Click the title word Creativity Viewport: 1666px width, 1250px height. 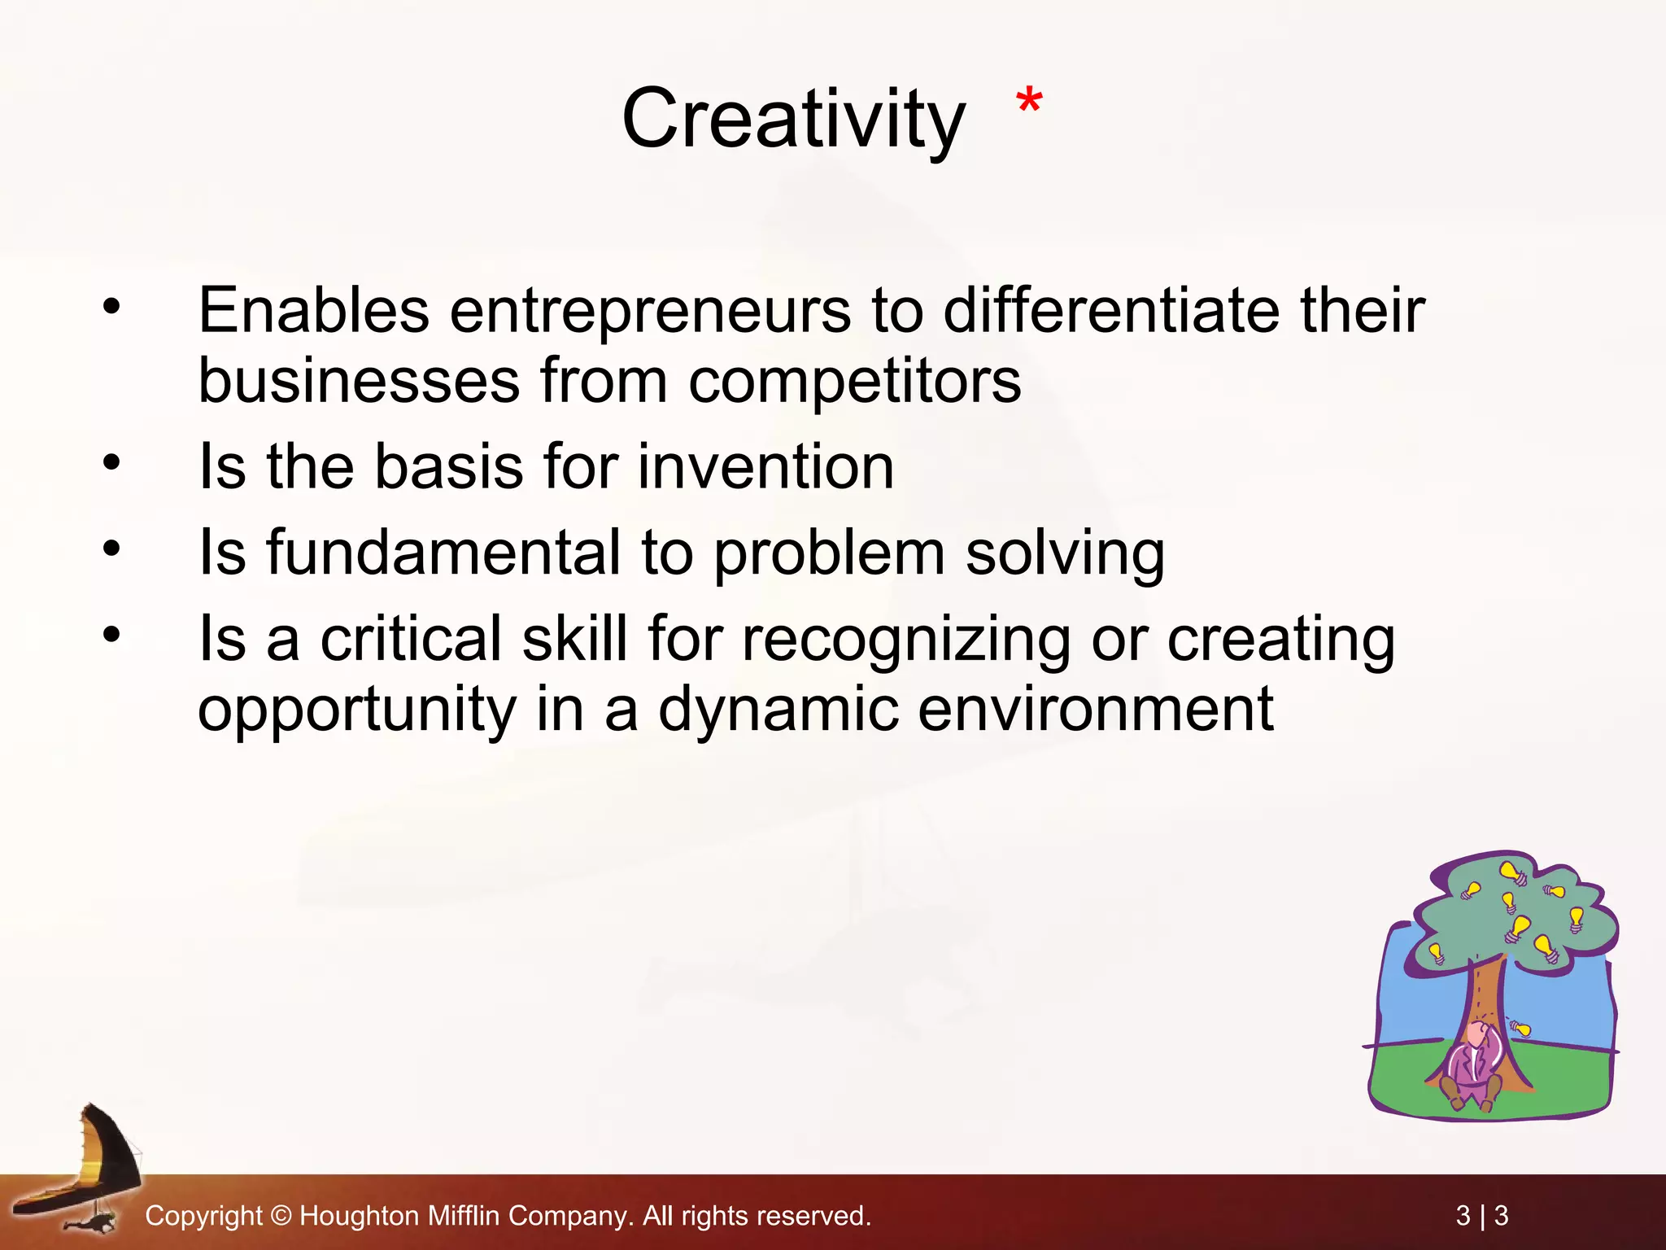click(793, 120)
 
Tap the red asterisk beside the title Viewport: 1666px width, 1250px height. click(1029, 103)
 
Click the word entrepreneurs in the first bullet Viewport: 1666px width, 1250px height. click(650, 311)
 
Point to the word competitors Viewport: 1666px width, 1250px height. click(854, 381)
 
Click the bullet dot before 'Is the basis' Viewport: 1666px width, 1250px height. click(111, 463)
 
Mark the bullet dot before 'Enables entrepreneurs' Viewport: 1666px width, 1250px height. click(111, 307)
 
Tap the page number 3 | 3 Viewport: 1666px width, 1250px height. click(1481, 1216)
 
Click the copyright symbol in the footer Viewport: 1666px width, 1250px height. click(281, 1216)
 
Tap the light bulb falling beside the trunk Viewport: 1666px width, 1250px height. click(1520, 1029)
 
